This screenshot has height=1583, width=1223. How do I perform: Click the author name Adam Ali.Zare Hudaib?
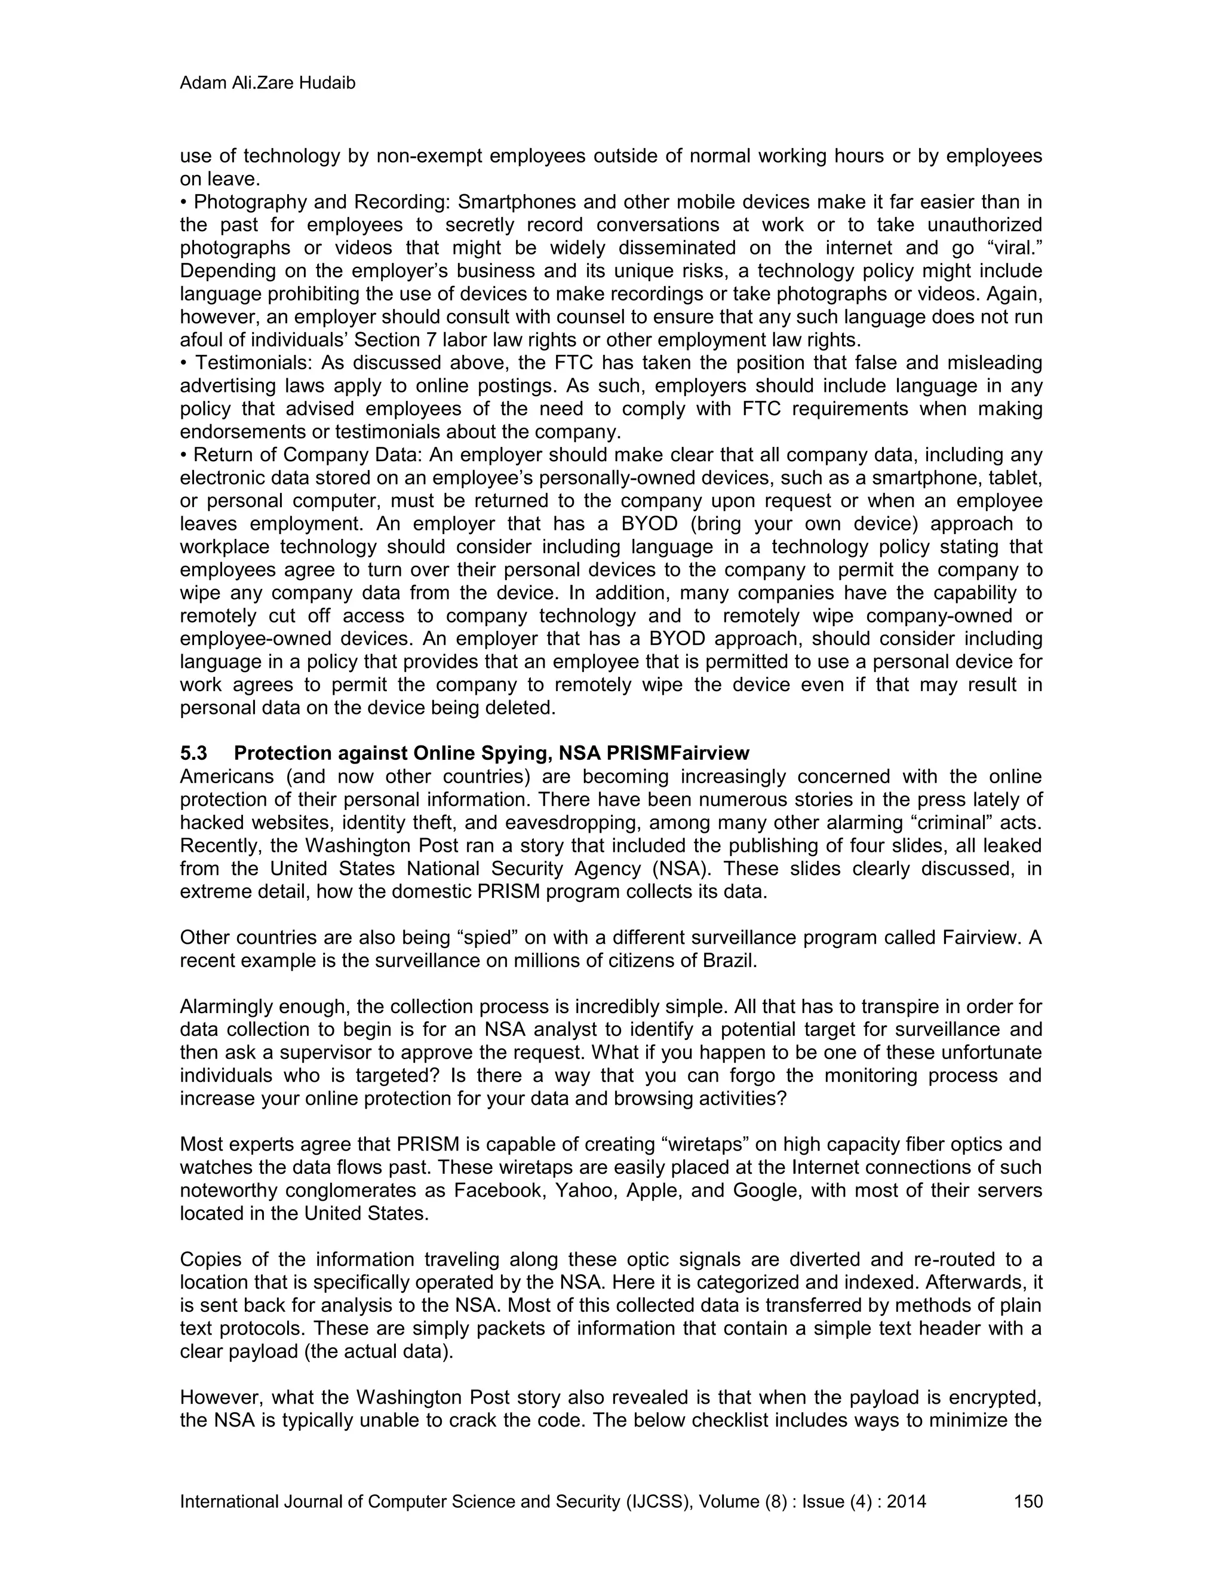tap(268, 84)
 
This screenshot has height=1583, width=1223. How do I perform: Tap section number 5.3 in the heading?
tap(193, 753)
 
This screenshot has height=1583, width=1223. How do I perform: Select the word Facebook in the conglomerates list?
tap(499, 1191)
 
